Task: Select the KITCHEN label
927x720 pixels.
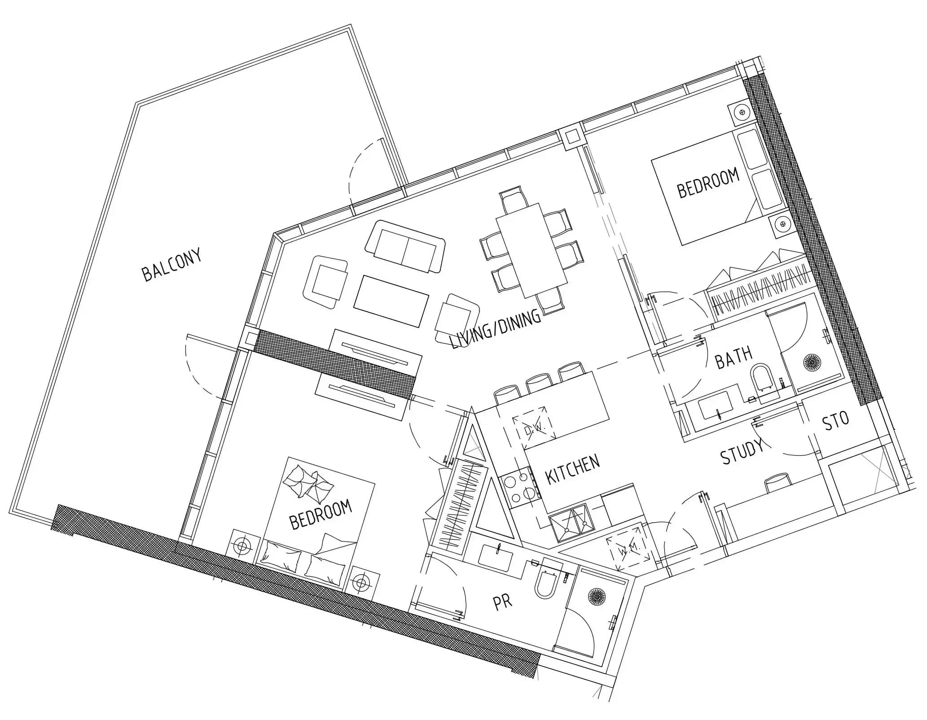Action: click(x=573, y=469)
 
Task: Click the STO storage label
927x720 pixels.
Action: click(x=835, y=421)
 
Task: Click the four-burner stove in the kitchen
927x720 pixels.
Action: click(x=521, y=489)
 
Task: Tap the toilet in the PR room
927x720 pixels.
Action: click(x=546, y=583)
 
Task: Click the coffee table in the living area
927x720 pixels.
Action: click(x=391, y=301)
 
